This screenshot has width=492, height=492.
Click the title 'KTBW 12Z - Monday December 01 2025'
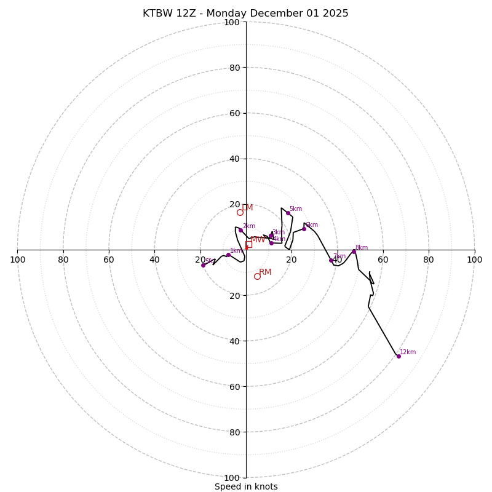tap(245, 14)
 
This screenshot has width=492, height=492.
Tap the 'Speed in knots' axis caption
tap(246, 487)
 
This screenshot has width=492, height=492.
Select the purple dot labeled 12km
tap(399, 356)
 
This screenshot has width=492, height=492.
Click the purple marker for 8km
tap(354, 252)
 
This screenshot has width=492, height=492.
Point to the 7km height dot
tap(331, 260)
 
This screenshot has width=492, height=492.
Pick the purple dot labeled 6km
tap(304, 229)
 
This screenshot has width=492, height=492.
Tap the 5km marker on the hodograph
tap(288, 213)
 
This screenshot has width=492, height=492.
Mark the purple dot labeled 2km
tap(240, 231)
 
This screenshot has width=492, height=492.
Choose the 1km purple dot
tap(228, 255)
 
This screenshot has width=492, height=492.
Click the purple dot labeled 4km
tap(271, 243)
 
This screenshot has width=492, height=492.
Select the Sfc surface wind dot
tap(203, 265)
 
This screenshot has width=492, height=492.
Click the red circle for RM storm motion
tap(257, 276)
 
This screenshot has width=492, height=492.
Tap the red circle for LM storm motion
tap(240, 212)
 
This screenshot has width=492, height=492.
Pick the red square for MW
tap(248, 244)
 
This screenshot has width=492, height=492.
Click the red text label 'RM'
tap(265, 272)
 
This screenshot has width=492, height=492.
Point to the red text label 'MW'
tap(258, 240)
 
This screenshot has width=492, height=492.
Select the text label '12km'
tap(408, 352)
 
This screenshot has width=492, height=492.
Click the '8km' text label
tap(362, 248)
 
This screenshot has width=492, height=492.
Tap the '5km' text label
tap(296, 209)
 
